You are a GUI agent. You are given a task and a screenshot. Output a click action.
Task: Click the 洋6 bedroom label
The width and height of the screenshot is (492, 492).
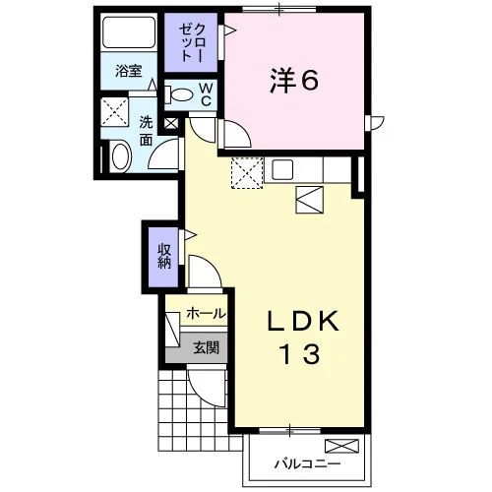(x=294, y=81)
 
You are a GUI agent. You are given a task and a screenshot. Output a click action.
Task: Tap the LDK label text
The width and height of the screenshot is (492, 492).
(x=304, y=321)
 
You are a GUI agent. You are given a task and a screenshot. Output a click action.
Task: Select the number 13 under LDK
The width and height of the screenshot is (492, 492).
(x=300, y=354)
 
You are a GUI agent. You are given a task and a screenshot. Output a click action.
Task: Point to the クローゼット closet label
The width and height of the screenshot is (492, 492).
(x=192, y=42)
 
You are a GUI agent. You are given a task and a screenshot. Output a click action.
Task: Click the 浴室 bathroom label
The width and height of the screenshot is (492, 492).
(x=128, y=71)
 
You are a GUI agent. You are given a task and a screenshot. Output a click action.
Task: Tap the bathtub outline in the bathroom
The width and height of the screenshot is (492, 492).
(x=129, y=32)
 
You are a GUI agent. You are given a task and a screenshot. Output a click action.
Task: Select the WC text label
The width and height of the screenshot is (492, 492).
(x=206, y=94)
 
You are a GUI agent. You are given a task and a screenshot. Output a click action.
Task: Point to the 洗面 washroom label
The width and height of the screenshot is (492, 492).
(x=146, y=131)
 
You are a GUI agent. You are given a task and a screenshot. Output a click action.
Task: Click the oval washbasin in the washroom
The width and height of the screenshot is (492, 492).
(x=121, y=156)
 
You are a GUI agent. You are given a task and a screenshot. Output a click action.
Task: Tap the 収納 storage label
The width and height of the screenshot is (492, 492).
(x=164, y=257)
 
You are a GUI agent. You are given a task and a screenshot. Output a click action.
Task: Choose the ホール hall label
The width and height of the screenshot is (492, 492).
(x=206, y=314)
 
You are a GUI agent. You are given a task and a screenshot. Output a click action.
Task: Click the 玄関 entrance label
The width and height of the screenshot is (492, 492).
(x=206, y=347)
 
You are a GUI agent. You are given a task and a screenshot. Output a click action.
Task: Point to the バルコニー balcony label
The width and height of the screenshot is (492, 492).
(x=307, y=463)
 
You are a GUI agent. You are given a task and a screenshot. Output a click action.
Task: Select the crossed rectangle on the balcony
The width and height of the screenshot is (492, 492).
(x=341, y=447)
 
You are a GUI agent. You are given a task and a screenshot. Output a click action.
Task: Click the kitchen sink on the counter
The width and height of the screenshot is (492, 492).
(x=282, y=169)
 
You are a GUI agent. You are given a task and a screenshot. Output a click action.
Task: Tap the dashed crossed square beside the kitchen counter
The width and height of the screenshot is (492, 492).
(x=247, y=173)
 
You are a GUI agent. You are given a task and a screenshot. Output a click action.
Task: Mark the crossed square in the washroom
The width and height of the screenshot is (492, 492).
(x=114, y=111)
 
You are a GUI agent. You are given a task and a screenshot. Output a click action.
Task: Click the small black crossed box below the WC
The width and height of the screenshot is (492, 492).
(x=171, y=123)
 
